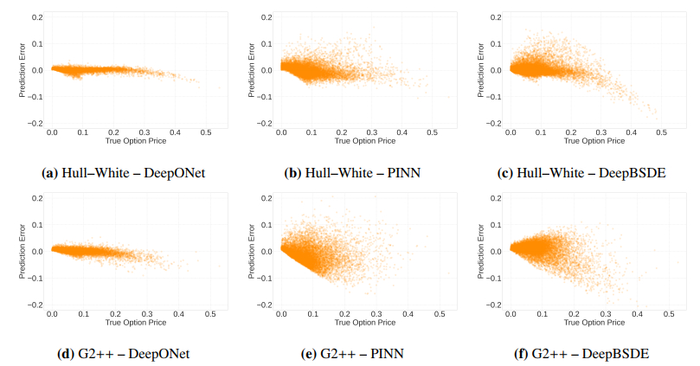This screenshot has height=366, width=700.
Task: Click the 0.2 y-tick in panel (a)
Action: coord(37,16)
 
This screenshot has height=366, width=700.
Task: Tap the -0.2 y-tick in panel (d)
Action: coord(35,305)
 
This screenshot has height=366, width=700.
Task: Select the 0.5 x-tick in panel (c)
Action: coord(662,132)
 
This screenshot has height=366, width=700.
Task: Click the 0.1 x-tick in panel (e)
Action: coord(314,314)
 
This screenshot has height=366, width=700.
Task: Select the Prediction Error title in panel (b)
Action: coord(252,70)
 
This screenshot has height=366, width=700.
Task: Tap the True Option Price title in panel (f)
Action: coord(595,322)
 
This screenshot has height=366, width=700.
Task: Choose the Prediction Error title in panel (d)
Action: coord(22,252)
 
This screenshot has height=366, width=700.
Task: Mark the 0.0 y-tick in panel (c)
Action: coord(496,70)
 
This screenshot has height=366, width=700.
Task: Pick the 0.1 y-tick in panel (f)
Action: coord(496,225)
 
